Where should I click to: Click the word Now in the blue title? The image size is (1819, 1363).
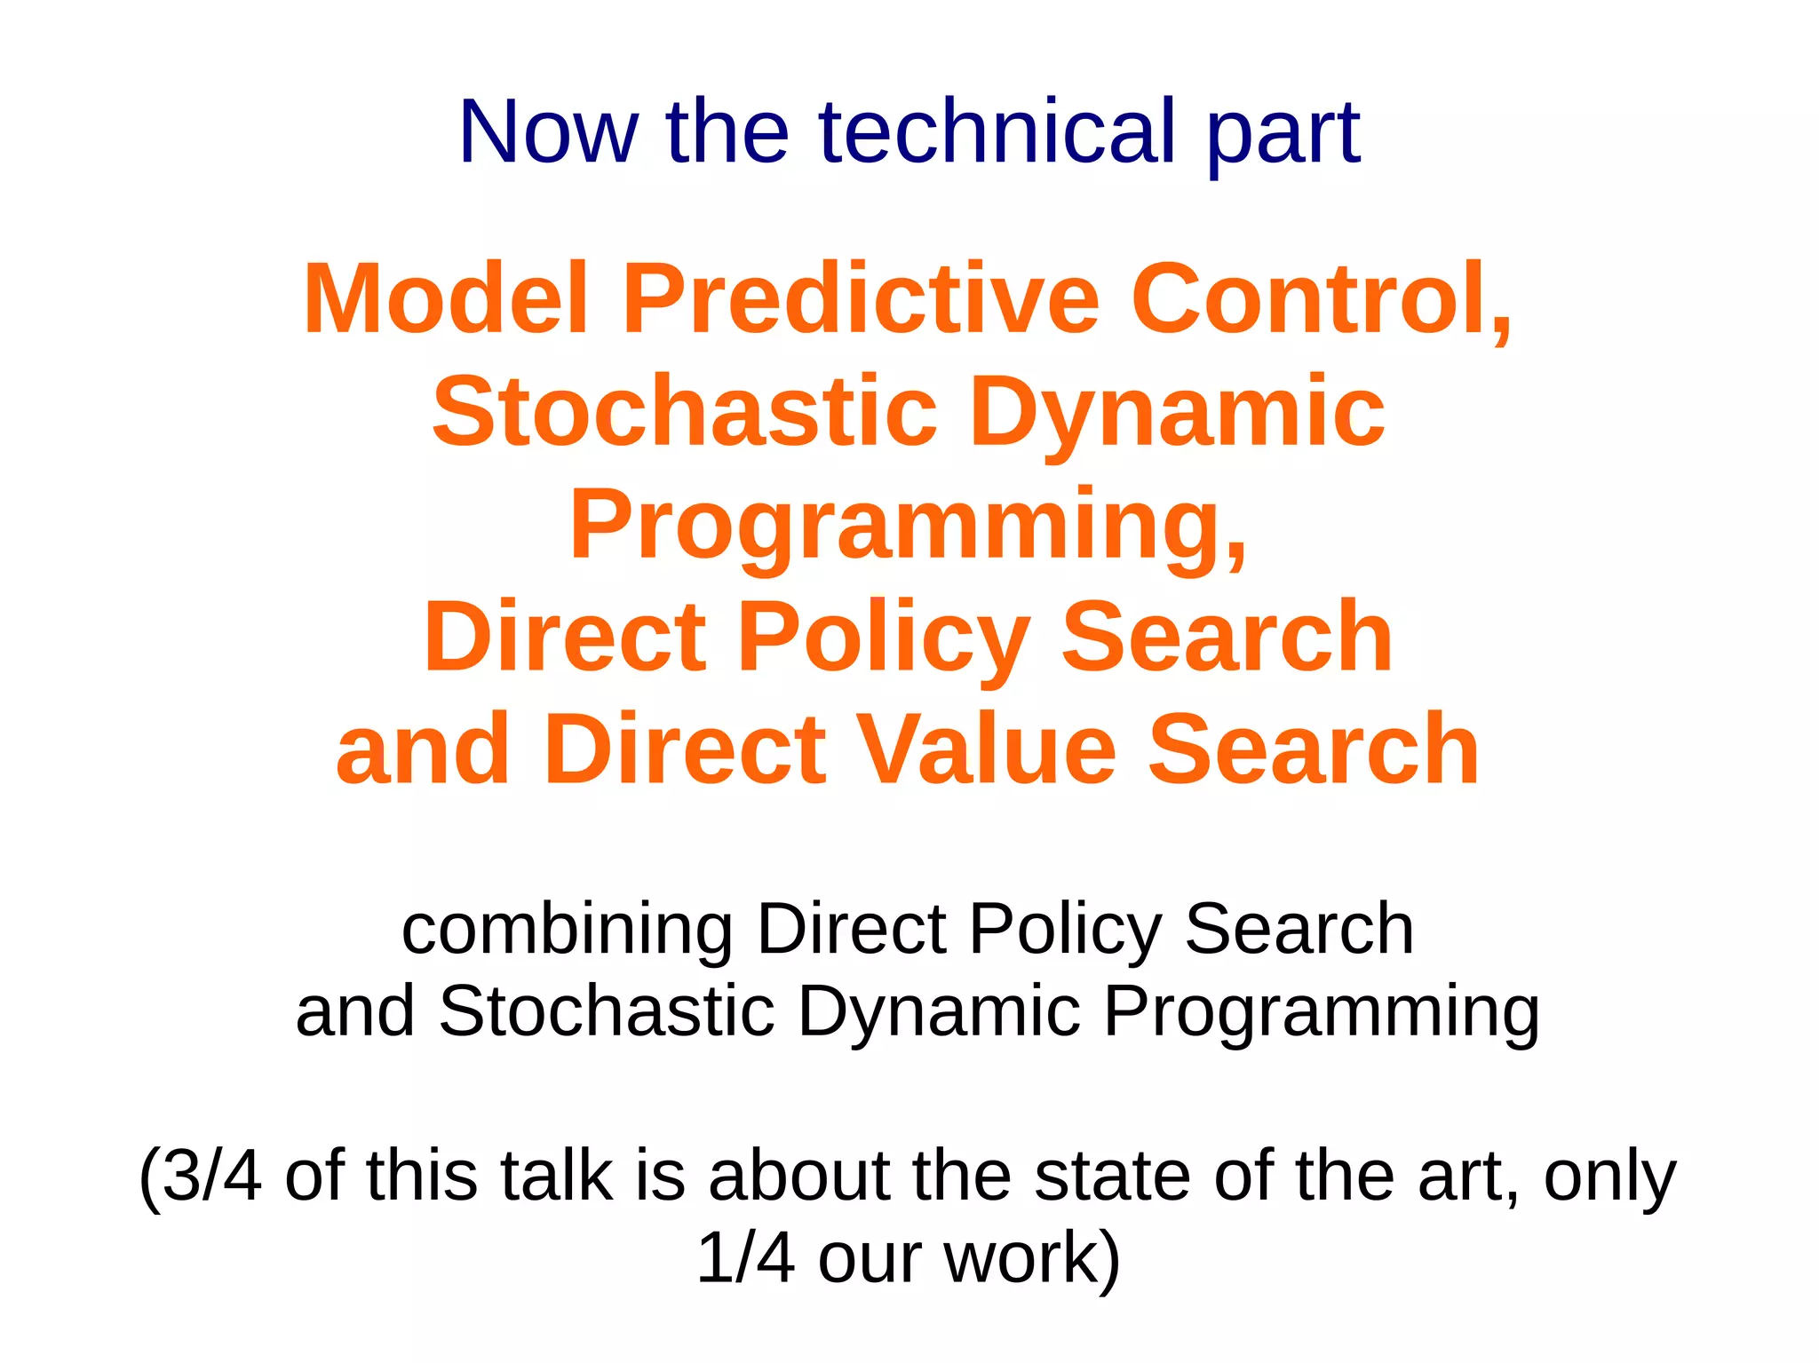(x=547, y=133)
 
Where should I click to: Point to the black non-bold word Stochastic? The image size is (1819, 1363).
(x=607, y=1011)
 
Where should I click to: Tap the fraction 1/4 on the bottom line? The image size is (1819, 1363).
(x=744, y=1258)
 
